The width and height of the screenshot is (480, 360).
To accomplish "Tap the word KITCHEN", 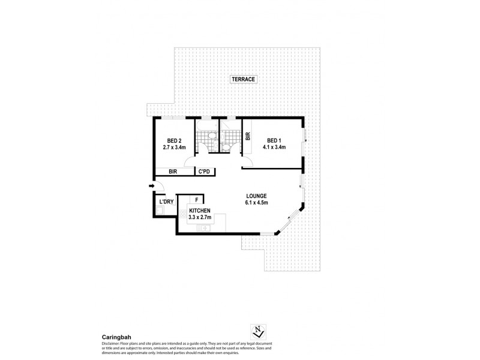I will point(199,212).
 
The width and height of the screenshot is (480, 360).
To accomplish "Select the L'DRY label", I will point(166,202).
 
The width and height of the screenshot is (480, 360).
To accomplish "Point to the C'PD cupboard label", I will point(205,172).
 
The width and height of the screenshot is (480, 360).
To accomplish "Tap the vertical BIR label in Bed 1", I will point(247,136).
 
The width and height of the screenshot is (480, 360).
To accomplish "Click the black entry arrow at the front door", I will point(151,187).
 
